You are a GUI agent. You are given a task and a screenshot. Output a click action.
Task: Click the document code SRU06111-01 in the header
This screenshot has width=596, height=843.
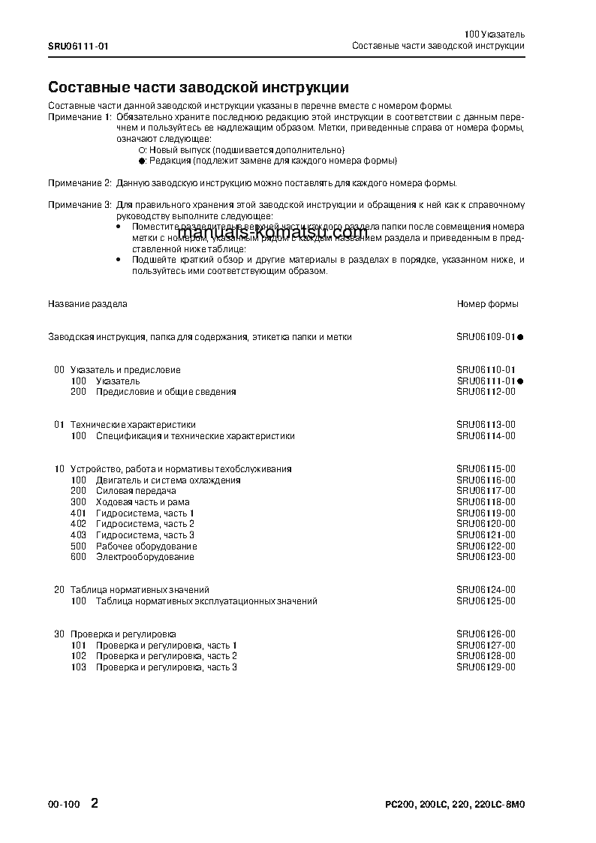coord(78,46)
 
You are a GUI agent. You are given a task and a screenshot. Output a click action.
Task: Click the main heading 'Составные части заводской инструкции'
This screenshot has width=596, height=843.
coord(198,88)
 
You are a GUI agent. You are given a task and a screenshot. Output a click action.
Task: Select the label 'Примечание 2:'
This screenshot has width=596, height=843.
coord(80,183)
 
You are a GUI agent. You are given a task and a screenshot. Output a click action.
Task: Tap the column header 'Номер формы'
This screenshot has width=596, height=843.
coord(487,304)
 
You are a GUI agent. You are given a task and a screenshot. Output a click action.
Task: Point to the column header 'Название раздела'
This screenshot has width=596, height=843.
coord(88,304)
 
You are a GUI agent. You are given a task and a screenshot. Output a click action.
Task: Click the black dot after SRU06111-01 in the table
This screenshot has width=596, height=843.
coord(519,381)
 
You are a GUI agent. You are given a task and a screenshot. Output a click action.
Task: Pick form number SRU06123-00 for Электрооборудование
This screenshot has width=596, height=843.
coord(486,557)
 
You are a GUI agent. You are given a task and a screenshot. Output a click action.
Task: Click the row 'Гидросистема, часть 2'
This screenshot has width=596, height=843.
coord(145,524)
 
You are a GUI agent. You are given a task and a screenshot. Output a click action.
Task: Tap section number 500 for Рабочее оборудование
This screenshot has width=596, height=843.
coord(78,546)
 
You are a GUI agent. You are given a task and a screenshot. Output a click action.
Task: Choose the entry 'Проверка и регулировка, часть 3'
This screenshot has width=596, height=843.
coord(166,667)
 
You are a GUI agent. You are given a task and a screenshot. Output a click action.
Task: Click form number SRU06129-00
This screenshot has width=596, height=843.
coord(486,667)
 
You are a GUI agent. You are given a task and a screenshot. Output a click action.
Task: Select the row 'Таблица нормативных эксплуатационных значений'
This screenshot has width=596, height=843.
coord(206,601)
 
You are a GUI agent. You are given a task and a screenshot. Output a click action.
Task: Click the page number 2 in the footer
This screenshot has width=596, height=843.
coord(94,803)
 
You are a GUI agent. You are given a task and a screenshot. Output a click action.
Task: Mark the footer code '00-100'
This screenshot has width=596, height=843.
coord(64,805)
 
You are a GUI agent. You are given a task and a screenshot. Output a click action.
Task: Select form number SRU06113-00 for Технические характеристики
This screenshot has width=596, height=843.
coord(486,425)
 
